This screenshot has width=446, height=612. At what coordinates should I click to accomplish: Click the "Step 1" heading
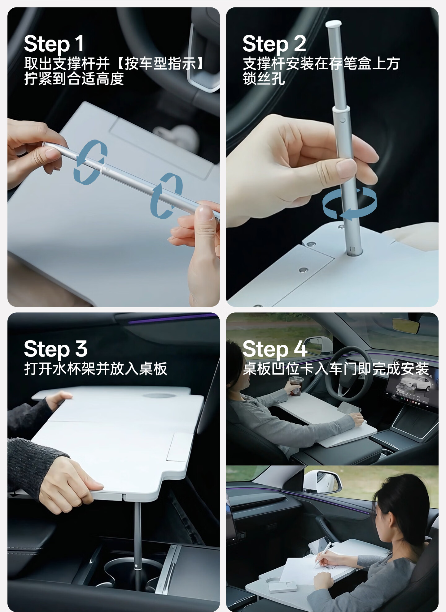(54, 44)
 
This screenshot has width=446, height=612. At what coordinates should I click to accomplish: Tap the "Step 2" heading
(274, 44)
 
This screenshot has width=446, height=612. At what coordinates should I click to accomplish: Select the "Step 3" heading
(56, 349)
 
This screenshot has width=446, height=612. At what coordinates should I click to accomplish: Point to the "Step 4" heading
(275, 349)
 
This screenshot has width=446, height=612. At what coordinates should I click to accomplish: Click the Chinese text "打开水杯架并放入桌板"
(96, 368)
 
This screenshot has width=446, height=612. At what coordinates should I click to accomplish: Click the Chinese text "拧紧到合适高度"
(74, 79)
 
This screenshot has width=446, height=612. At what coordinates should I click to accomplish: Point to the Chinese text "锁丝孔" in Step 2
(264, 79)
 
